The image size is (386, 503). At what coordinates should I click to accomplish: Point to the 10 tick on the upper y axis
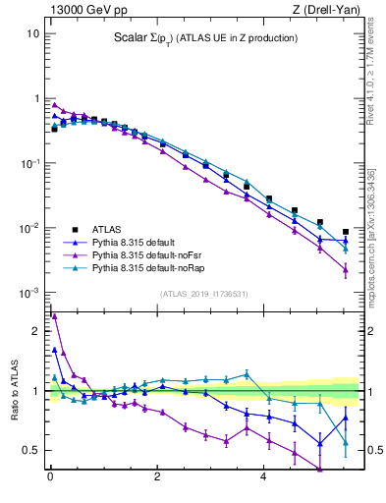click(x=32, y=33)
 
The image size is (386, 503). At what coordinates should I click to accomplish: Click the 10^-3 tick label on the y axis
click(x=30, y=294)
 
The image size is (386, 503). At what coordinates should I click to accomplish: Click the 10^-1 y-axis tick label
click(x=30, y=164)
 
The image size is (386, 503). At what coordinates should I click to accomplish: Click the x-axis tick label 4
click(x=263, y=479)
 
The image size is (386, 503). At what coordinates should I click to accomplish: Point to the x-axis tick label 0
click(x=49, y=479)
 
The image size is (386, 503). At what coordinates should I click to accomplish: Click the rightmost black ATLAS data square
click(x=345, y=232)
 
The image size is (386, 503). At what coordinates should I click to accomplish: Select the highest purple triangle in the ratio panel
click(x=54, y=316)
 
